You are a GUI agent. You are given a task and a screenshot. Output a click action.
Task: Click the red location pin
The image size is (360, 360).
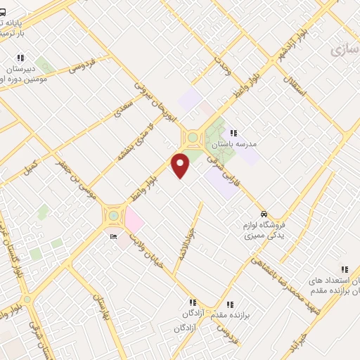[x=181, y=165]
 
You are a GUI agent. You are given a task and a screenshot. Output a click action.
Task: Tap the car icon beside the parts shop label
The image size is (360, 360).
[x=263, y=214]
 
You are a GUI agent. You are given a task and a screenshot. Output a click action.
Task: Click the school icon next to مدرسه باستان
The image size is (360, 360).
[x=233, y=132]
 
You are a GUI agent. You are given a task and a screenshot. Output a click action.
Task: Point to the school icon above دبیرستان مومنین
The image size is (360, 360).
[x=21, y=58]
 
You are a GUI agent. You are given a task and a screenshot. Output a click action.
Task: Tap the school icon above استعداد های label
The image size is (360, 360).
[x=344, y=269]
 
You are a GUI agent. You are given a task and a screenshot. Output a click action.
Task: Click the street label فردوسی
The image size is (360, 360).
[x=82, y=67]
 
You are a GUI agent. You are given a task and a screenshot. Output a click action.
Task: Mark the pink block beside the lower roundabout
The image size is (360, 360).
[x=133, y=221]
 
